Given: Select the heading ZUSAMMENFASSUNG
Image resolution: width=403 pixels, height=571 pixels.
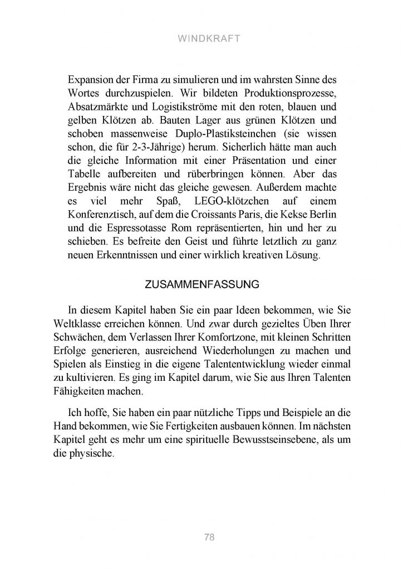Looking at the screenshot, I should [201, 284].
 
